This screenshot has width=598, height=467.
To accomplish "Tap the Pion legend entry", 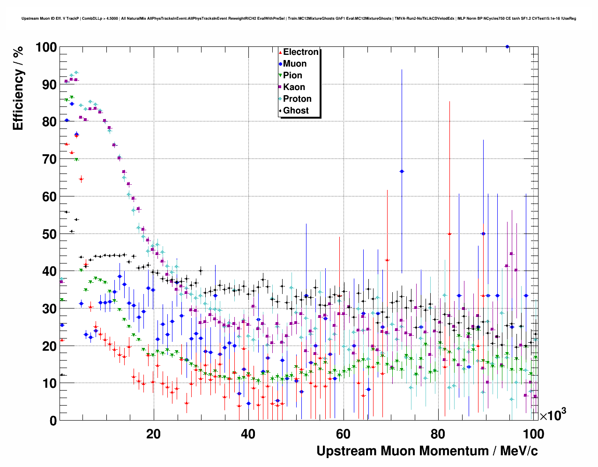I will pyautogui.click(x=292, y=75).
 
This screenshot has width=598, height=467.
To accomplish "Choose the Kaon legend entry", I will pyautogui.click(x=294, y=87).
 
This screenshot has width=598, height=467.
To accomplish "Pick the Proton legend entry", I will pyautogui.click(x=297, y=99).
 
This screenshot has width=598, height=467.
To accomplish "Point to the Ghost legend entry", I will pyautogui.click(x=296, y=111).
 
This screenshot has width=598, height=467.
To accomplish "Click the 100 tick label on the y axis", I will pyautogui.click(x=46, y=47).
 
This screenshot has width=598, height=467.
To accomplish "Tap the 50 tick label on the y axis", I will pyautogui.click(x=49, y=234).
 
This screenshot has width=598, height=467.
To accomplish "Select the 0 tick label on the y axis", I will pyautogui.click(x=52, y=421).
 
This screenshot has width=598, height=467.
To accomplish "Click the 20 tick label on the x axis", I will pyautogui.click(x=153, y=434).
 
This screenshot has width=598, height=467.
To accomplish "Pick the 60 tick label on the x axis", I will pyautogui.click(x=343, y=434).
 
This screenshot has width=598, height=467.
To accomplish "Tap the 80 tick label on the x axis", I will pyautogui.click(x=438, y=434).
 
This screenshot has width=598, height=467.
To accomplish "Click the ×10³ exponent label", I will pyautogui.click(x=553, y=415).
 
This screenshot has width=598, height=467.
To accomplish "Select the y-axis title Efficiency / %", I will pyautogui.click(x=18, y=88).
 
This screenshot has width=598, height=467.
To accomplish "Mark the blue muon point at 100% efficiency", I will pyautogui.click(x=507, y=47).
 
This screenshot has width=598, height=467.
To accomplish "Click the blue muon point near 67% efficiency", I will pyautogui.click(x=402, y=172).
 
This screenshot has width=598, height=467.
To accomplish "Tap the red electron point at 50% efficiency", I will pyautogui.click(x=449, y=233).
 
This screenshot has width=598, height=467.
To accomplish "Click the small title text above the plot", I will pyautogui.click(x=299, y=19).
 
